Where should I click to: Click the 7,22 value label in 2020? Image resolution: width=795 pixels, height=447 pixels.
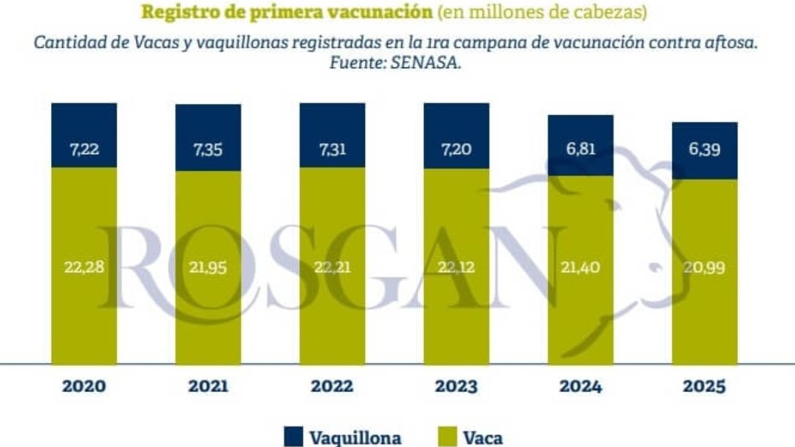point(84,149)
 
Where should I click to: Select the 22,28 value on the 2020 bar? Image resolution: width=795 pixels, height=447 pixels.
point(84,267)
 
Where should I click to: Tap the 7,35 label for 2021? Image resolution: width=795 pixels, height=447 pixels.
point(208,149)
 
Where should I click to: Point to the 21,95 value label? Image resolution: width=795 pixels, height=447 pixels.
point(208,267)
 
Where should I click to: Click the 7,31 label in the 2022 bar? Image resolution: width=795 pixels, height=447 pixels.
point(332,149)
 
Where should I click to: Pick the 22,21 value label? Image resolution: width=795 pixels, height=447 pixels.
point(332,267)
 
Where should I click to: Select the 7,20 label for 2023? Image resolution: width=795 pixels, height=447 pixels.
point(456,149)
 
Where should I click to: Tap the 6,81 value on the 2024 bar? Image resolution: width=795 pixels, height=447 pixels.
point(580,149)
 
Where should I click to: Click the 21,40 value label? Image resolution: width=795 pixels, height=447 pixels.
point(580,267)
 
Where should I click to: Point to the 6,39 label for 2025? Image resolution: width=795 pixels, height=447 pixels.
point(705,149)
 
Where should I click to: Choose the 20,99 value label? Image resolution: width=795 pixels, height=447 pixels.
point(705,267)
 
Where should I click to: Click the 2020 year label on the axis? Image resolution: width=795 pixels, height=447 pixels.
point(84,387)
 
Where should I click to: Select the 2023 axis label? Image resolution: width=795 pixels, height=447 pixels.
point(456,387)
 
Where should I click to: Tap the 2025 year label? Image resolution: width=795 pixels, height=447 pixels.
point(705,387)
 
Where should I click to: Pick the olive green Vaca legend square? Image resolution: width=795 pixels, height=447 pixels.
point(448,436)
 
